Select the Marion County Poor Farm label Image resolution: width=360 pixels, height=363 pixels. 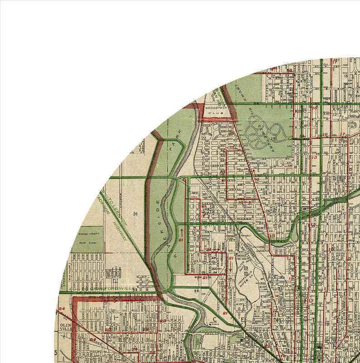(x=87, y=236)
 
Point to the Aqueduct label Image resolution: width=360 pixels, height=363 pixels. (x=248, y=235)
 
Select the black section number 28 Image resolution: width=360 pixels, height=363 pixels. (x=135, y=213)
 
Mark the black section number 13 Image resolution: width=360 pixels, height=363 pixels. (x=345, y=76)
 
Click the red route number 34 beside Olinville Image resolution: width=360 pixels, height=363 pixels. (x=62, y=309)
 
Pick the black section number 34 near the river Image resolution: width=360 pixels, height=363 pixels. (x=197, y=291)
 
